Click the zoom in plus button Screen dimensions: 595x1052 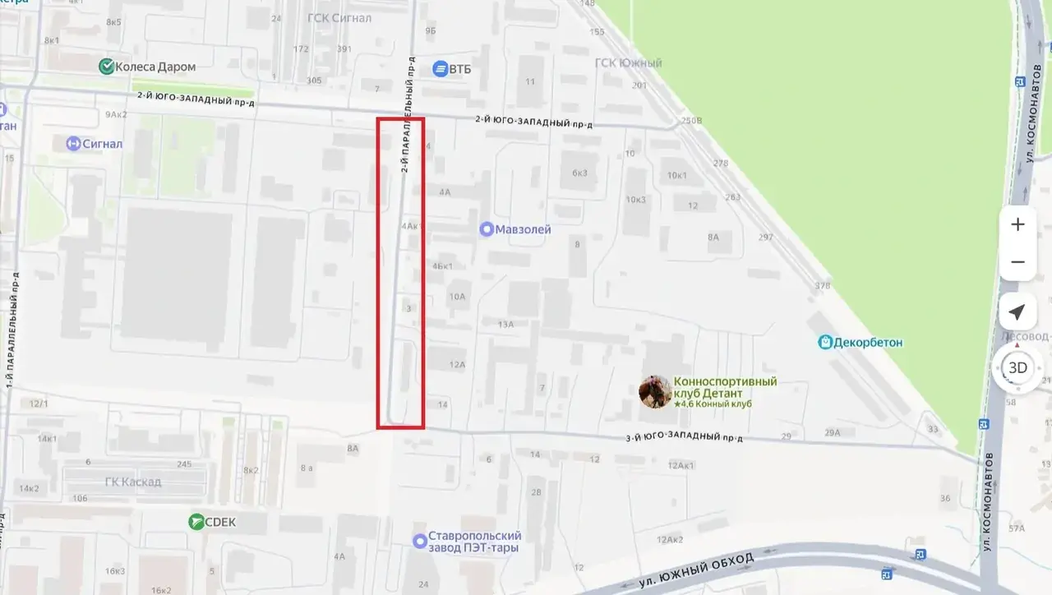1017,224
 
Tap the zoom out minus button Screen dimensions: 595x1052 1017,262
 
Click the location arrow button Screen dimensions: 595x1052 1017,313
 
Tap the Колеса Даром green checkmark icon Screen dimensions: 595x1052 106,67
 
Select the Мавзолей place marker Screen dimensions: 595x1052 487,229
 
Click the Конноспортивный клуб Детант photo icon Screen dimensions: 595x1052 654,392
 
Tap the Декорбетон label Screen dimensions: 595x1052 868,342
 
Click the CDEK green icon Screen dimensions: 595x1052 196,521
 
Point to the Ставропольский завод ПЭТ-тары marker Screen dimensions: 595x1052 420,541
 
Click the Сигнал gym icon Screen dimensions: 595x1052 74,144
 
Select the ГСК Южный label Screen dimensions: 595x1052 628,63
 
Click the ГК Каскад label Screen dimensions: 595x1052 133,482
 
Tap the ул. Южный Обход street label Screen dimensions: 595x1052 696,570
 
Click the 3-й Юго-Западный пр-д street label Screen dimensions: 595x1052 684,436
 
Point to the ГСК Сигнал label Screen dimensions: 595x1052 339,18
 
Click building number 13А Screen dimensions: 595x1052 505,325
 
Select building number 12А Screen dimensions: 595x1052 457,364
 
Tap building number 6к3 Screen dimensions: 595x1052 579,173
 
